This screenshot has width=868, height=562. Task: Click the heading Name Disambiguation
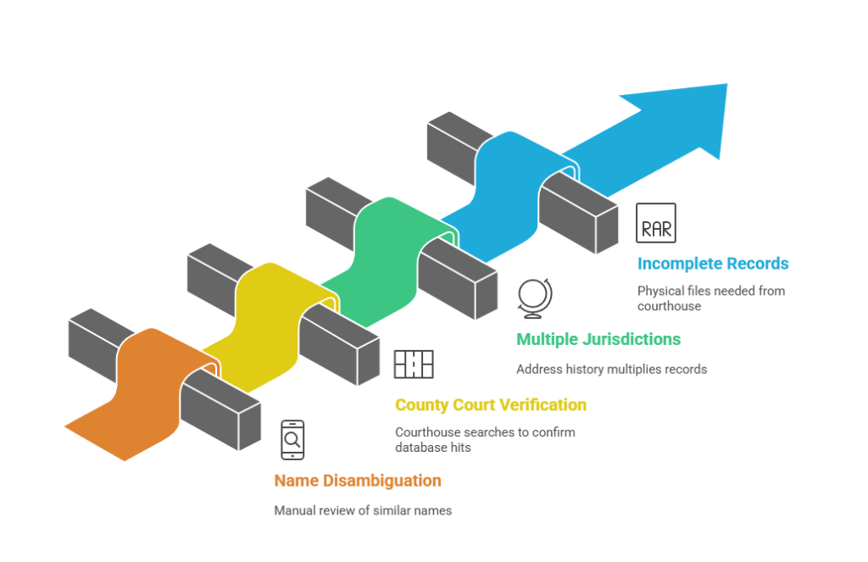[357, 481]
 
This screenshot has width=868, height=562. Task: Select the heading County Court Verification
[490, 405]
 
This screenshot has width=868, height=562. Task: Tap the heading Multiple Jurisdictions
[598, 339]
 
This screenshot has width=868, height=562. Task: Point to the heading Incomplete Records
[713, 264]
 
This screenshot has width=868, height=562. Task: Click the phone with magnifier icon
[292, 440]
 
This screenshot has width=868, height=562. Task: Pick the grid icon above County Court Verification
[414, 364]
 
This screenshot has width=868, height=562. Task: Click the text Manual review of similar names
[362, 510]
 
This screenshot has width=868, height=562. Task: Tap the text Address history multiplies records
[611, 369]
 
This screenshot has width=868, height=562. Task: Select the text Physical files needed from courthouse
[710, 298]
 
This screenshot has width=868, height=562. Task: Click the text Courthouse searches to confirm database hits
[485, 439]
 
